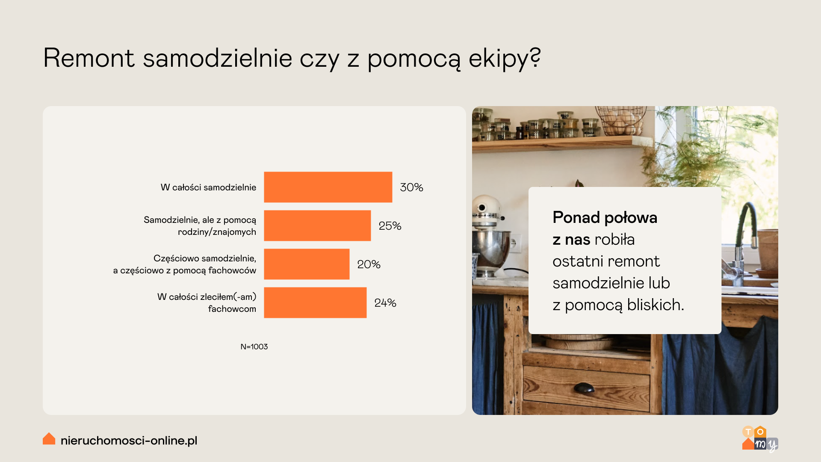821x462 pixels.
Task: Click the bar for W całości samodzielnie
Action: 328,187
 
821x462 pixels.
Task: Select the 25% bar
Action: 317,225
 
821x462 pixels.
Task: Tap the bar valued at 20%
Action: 307,264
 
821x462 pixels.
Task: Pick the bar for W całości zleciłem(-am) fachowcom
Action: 315,302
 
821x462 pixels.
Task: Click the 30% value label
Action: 411,187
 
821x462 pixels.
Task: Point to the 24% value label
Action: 385,303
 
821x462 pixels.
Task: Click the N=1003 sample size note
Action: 254,346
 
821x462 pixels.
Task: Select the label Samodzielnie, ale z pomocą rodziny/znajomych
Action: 200,226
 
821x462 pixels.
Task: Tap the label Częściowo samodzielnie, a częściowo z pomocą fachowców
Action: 184,264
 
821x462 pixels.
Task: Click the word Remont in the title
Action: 89,58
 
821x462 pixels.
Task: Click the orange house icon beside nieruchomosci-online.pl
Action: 49,438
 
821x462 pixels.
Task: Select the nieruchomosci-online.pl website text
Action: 129,440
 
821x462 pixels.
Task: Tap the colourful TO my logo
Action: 760,438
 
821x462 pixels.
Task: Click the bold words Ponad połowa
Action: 605,217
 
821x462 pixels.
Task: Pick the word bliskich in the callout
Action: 656,305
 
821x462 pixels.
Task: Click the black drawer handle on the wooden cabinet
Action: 584,388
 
